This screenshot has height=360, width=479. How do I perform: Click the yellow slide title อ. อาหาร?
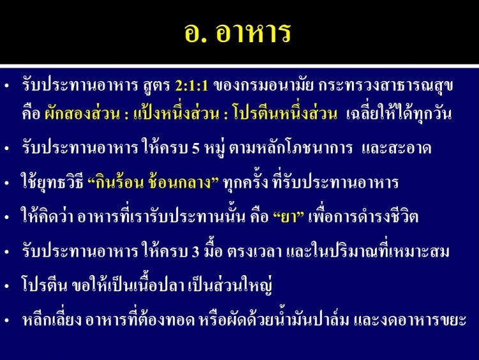[x=238, y=33]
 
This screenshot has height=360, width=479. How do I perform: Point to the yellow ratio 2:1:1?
[x=192, y=86]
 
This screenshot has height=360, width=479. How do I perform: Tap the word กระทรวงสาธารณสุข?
[x=386, y=86]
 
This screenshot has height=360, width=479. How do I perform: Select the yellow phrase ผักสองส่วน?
[x=82, y=114]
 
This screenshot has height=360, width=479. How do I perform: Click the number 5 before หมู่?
[x=196, y=149]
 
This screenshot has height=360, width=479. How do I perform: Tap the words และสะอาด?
[x=396, y=148]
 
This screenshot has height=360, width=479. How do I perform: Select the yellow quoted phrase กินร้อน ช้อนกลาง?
[x=153, y=183]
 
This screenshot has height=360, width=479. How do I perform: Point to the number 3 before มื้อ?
[x=195, y=252]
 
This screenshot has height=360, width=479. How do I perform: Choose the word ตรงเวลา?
[x=254, y=252]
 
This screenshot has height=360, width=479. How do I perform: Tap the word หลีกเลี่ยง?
[x=52, y=319]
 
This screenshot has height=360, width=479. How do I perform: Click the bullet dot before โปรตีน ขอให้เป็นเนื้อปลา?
[x=7, y=287]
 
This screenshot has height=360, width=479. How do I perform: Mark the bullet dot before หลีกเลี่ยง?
[x=7, y=321]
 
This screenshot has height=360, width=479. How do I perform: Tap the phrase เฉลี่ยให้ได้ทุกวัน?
[x=399, y=114]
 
